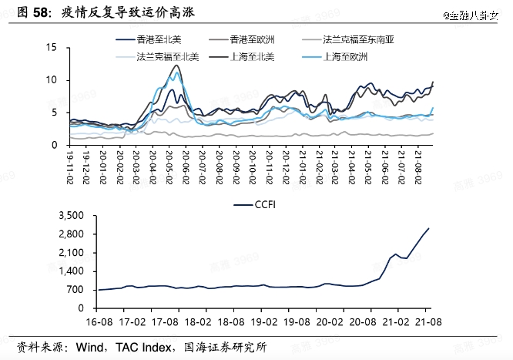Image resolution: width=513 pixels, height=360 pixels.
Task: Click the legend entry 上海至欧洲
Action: coord(347,56)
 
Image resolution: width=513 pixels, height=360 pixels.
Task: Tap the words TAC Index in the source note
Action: coord(144,348)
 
